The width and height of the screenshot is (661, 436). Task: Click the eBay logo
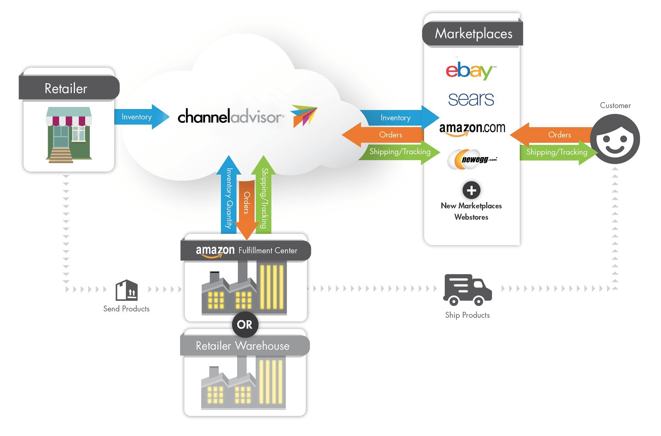[470, 70]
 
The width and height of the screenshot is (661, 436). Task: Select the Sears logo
[471, 99]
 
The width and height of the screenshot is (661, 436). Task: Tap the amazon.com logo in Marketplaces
[472, 129]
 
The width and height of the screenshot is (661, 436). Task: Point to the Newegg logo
[472, 159]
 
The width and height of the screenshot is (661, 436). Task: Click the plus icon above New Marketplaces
[471, 190]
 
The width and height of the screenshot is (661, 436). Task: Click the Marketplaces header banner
[472, 34]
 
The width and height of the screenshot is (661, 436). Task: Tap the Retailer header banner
[69, 88]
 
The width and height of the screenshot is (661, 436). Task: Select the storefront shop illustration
[69, 135]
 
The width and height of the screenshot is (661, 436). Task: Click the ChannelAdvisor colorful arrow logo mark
[304, 116]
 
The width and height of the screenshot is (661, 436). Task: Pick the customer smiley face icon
[615, 139]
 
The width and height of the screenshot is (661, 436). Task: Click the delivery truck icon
[467, 290]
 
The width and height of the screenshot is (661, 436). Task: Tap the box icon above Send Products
[127, 290]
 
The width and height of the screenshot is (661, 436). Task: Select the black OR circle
[245, 324]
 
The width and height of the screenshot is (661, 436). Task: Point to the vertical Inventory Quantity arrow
[229, 195]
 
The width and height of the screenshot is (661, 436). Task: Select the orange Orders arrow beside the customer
[552, 134]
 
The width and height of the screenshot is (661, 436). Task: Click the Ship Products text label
[467, 315]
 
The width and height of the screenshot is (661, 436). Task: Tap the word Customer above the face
[615, 105]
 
